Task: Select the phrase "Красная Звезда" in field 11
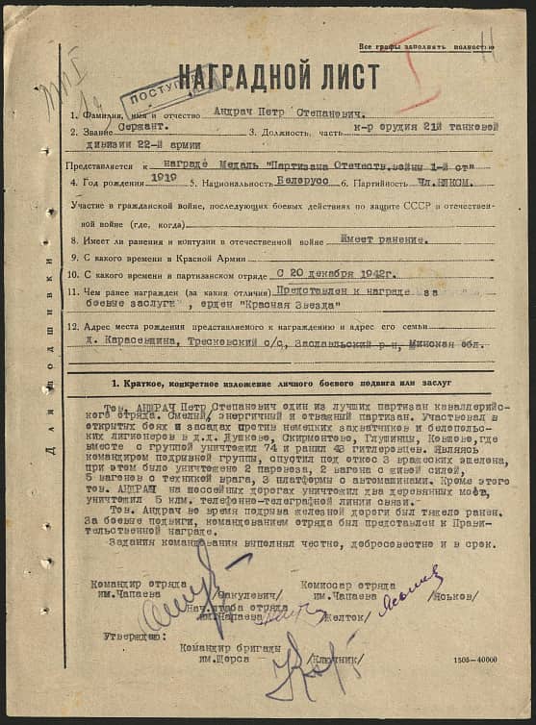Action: [298, 305]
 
